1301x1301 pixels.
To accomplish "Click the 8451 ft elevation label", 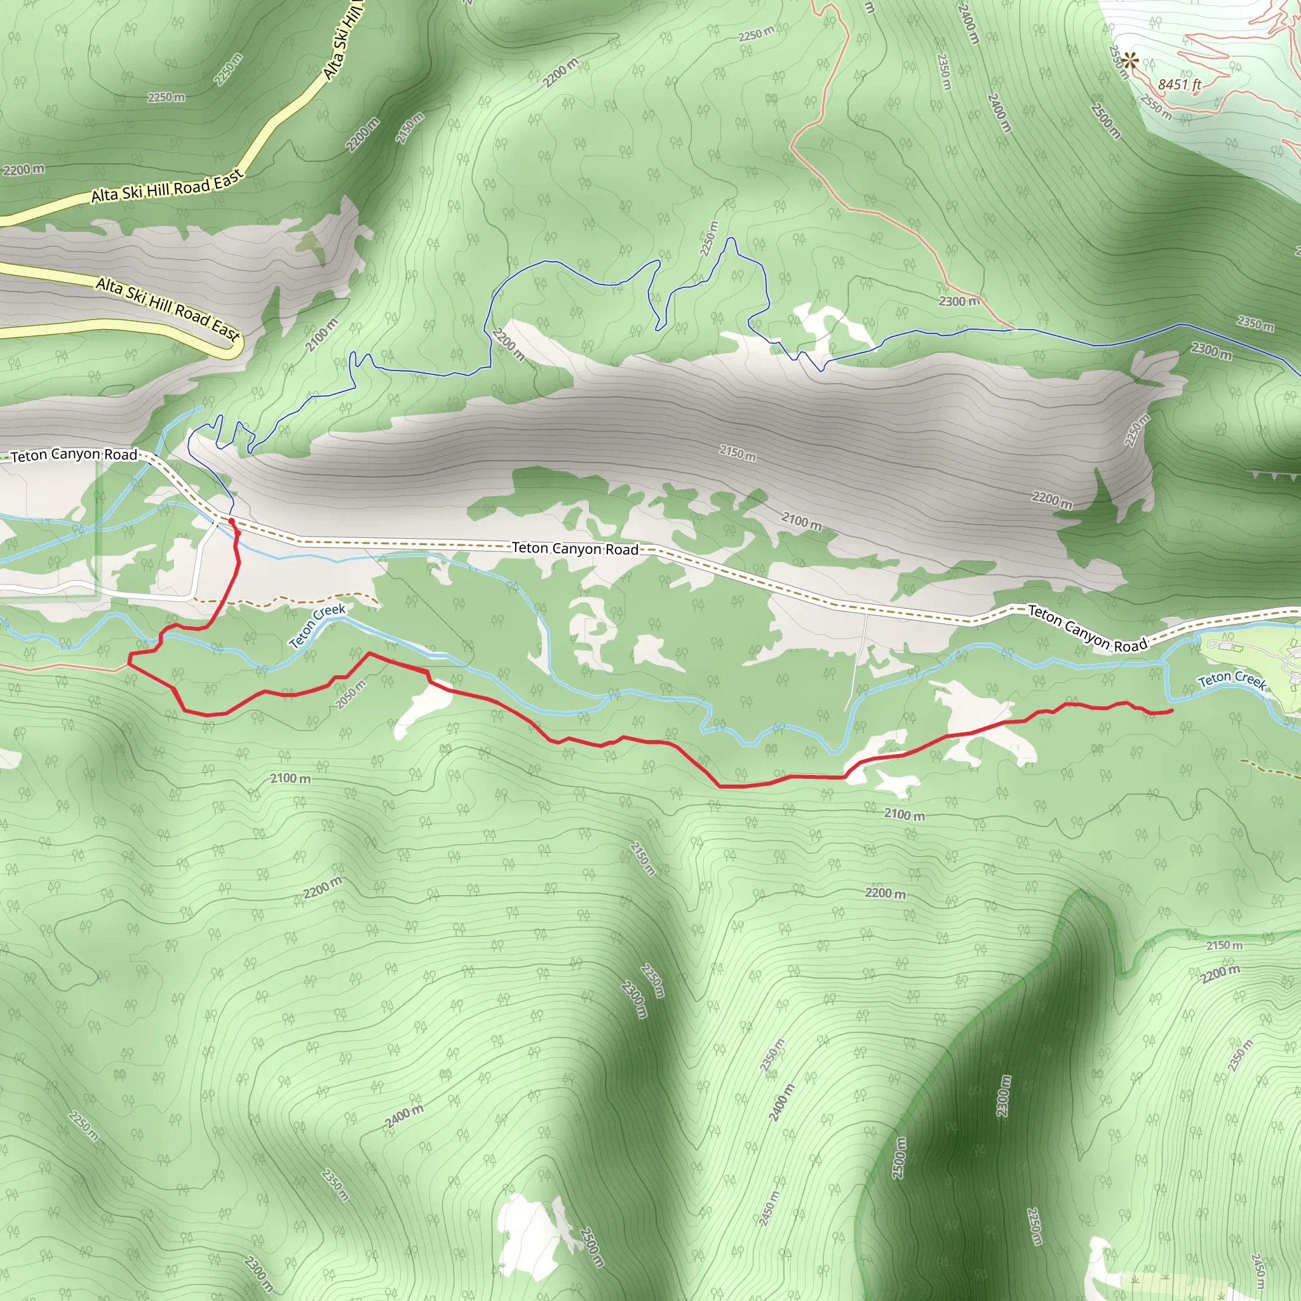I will pyautogui.click(x=1179, y=84).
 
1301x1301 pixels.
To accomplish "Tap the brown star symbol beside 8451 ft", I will pyautogui.click(x=1130, y=61).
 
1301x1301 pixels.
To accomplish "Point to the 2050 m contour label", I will pyautogui.click(x=351, y=694).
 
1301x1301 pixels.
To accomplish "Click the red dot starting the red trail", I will pyautogui.click(x=232, y=521).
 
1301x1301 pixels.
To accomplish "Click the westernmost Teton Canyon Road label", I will pyautogui.click(x=74, y=455).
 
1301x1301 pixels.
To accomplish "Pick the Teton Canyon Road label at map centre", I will pyautogui.click(x=575, y=548).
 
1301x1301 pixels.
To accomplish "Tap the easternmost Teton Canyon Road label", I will pyautogui.click(x=1087, y=629).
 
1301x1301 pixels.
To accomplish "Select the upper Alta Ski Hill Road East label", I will pyautogui.click(x=166, y=188).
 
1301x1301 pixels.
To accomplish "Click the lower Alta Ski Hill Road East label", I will pyautogui.click(x=168, y=309).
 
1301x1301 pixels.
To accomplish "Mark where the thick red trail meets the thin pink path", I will pyautogui.click(x=128, y=663).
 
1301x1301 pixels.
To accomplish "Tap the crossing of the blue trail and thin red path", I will pyautogui.click(x=1009, y=329).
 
